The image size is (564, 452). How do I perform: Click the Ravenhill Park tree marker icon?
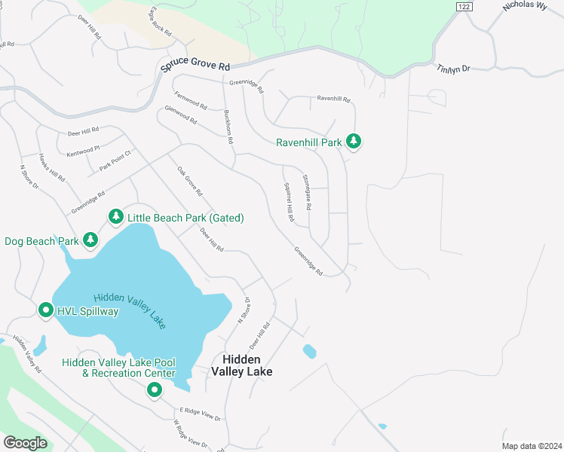(353, 141)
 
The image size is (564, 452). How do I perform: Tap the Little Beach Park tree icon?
(115, 217)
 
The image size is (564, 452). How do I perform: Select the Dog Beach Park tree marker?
(90, 240)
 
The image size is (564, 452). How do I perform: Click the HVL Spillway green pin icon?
(45, 310)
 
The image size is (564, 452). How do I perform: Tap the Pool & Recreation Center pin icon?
(155, 389)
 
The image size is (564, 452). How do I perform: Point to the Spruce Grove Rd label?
(194, 66)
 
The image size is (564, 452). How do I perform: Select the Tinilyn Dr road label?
(453, 69)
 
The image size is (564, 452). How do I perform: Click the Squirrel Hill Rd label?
(288, 202)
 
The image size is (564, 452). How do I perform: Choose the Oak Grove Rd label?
(190, 182)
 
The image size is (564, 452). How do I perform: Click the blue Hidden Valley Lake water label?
(129, 310)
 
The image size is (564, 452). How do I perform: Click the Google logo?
(26, 443)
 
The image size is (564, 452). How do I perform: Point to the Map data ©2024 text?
(531, 446)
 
